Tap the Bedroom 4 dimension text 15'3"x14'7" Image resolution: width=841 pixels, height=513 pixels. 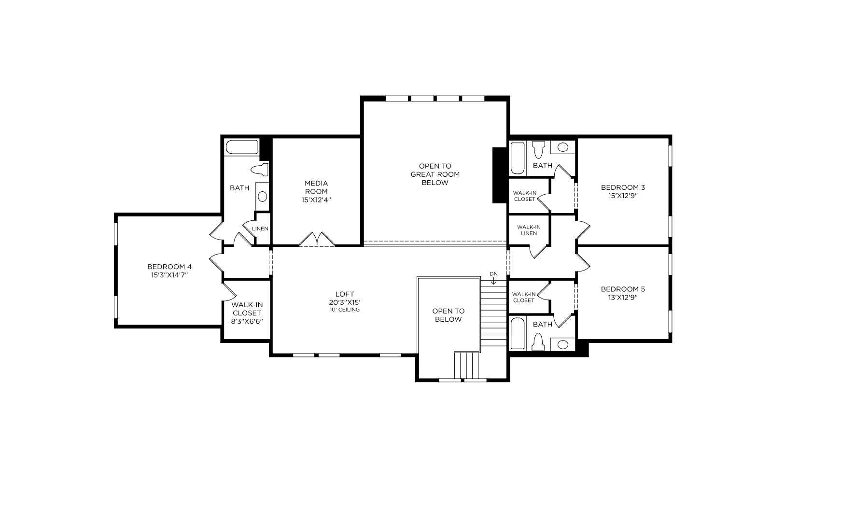pyautogui.click(x=169, y=275)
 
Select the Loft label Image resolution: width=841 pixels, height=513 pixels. pyautogui.click(x=345, y=294)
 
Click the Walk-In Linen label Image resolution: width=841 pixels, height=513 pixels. pyautogui.click(x=529, y=230)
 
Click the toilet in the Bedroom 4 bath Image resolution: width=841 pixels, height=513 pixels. pyautogui.click(x=260, y=169)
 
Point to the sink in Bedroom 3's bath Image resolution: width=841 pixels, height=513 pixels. pyautogui.click(x=563, y=147)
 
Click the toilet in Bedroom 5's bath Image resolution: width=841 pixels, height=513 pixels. pyautogui.click(x=538, y=342)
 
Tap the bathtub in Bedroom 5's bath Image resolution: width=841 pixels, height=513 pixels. pyautogui.click(x=518, y=334)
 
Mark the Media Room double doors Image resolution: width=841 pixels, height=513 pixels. pyautogui.click(x=317, y=239)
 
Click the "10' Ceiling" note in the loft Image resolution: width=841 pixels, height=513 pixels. pyautogui.click(x=345, y=310)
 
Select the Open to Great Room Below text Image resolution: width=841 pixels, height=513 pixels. pyautogui.click(x=435, y=174)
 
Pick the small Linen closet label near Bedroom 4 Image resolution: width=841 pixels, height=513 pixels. pyautogui.click(x=260, y=228)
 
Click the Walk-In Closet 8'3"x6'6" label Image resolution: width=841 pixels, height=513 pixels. pyautogui.click(x=247, y=313)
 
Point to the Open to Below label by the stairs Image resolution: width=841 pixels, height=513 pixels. pyautogui.click(x=448, y=315)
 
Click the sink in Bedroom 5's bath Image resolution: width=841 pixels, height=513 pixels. pyautogui.click(x=563, y=344)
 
